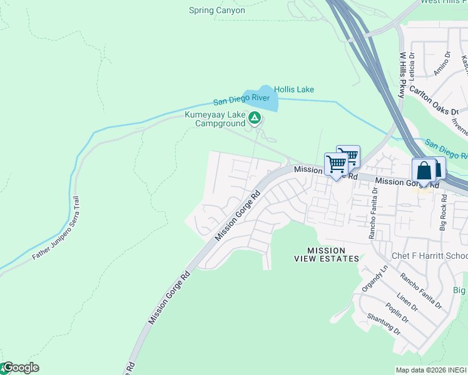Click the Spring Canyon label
(217, 11)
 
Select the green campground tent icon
(255, 117)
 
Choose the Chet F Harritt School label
(429, 256)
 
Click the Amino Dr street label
(442, 66)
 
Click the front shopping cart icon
(336, 165)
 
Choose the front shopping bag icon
(424, 171)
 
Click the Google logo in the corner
(20, 368)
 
